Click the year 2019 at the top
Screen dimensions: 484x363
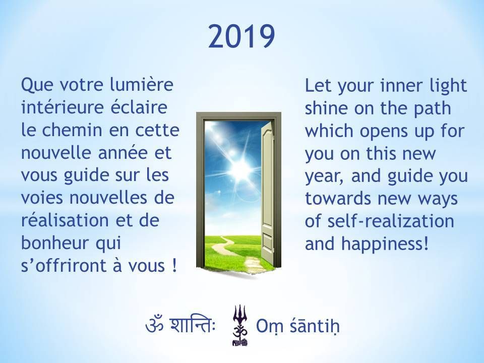[x=241, y=36]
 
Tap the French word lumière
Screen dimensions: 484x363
[x=142, y=85]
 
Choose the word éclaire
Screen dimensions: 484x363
[x=139, y=107]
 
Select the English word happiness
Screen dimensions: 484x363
[x=385, y=244]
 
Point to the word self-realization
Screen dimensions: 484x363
[x=391, y=221]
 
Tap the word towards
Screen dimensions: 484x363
[x=338, y=199]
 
